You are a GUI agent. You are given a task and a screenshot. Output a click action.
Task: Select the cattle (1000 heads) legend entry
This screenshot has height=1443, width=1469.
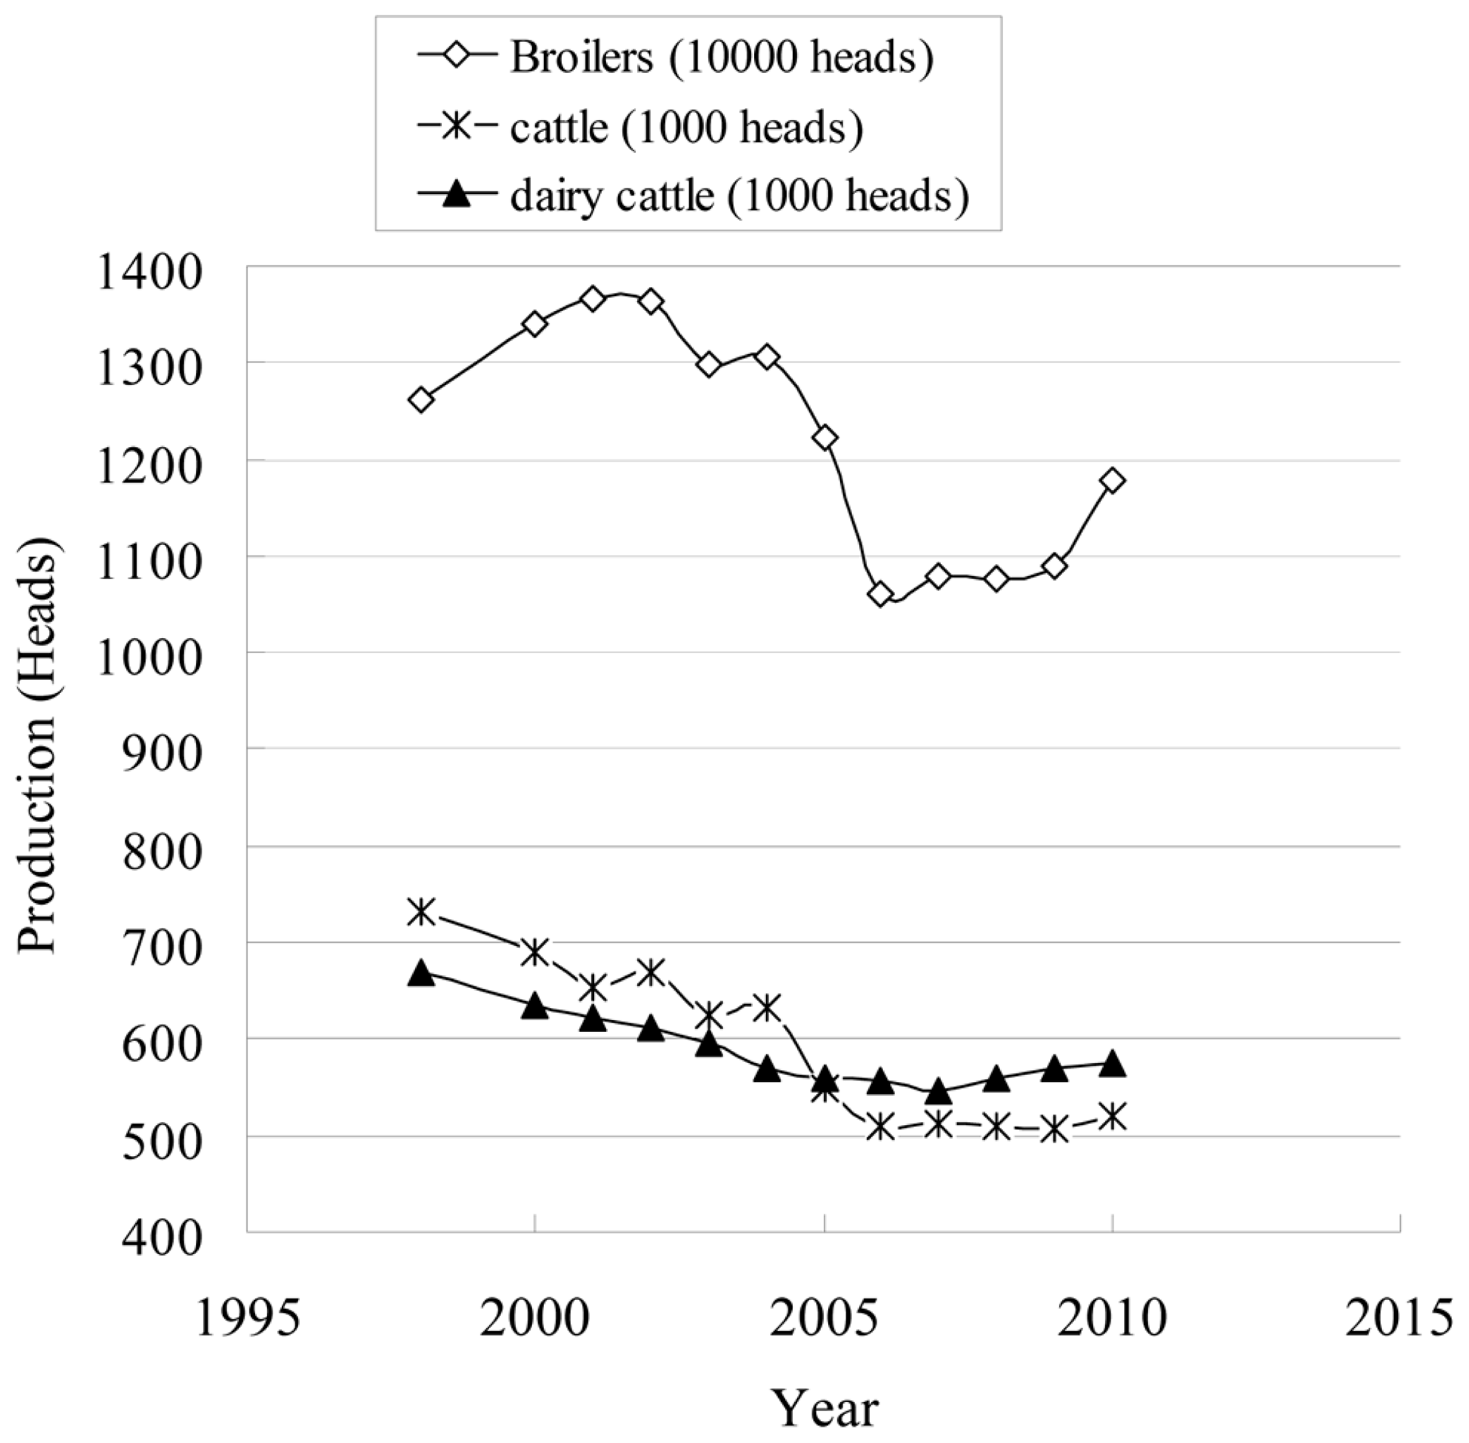click(686, 128)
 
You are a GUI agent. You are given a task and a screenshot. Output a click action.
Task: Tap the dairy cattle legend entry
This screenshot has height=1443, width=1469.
click(739, 197)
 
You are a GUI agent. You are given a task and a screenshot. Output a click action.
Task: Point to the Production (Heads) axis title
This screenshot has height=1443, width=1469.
click(38, 746)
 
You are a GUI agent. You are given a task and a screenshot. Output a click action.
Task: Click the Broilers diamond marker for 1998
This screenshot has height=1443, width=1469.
click(421, 399)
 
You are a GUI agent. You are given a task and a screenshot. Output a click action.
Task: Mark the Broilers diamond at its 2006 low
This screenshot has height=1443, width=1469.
click(881, 593)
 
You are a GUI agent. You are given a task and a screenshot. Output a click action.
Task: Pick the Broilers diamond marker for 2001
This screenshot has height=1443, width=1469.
click(593, 299)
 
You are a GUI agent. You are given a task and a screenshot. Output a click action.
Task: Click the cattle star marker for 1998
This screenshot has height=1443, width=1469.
click(421, 912)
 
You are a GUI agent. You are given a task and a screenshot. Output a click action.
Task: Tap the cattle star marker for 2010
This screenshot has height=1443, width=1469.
click(1112, 1116)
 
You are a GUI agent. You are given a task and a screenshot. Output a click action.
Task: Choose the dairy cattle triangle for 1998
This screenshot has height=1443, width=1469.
click(421, 974)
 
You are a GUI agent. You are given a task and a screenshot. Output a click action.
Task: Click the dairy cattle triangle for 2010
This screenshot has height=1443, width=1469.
click(1112, 1064)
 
